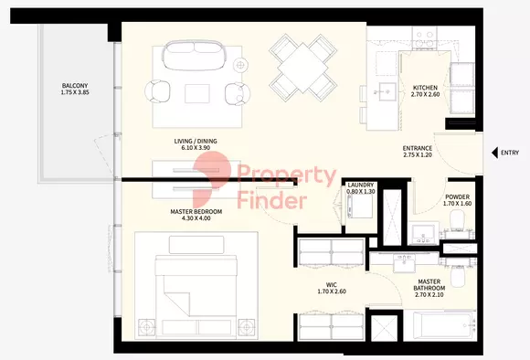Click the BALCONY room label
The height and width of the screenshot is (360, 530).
[x=75, y=86]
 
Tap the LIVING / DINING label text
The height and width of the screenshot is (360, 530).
[x=196, y=142]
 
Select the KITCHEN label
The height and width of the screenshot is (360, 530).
[x=425, y=88]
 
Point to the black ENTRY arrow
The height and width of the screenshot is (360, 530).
[x=494, y=153]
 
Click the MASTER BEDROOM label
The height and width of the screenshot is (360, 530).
[x=196, y=212]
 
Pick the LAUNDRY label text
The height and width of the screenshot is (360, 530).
[x=361, y=185]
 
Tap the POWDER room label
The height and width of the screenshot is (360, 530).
[x=457, y=196]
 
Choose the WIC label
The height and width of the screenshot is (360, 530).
[x=331, y=285]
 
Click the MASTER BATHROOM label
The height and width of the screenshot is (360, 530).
[x=429, y=285]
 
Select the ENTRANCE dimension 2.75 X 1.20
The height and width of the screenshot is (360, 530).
[x=418, y=155]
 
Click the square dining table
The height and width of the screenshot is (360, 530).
[x=302, y=68]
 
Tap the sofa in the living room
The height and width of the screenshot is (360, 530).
[x=194, y=55]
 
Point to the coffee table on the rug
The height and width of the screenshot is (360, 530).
[x=197, y=93]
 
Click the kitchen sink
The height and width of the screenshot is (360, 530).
[x=387, y=91]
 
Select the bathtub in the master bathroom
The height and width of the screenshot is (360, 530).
[x=440, y=325]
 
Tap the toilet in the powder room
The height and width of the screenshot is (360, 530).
[x=458, y=219]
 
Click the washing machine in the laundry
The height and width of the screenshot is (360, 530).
[x=360, y=206]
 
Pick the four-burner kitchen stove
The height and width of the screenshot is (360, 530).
[x=425, y=38]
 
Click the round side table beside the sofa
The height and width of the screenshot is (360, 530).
[x=240, y=64]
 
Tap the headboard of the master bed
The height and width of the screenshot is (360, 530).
[x=196, y=245]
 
